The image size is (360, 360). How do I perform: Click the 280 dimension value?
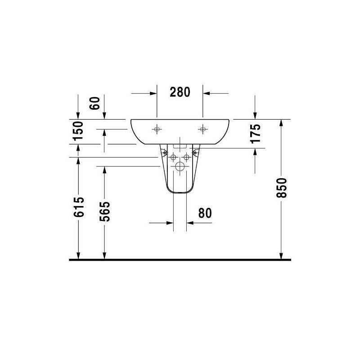[x=180, y=92]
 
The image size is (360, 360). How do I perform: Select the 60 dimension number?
[x=95, y=103]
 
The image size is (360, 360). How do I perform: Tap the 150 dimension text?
[x=78, y=131]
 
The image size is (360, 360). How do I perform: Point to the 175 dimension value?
[x=256, y=134]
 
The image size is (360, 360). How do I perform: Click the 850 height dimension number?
[x=282, y=188]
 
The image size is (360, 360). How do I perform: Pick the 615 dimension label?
[x=79, y=207]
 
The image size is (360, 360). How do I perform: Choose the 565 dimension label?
[x=105, y=211]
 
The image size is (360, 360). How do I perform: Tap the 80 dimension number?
[x=205, y=213]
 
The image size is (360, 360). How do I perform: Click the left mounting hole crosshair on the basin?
[x=157, y=130]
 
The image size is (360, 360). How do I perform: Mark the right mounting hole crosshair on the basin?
[x=203, y=130]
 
